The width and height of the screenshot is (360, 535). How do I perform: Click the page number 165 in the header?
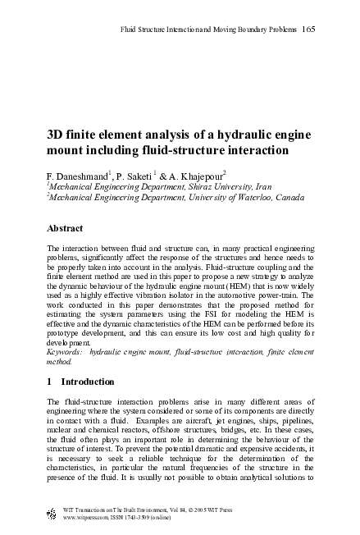click(x=308, y=30)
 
